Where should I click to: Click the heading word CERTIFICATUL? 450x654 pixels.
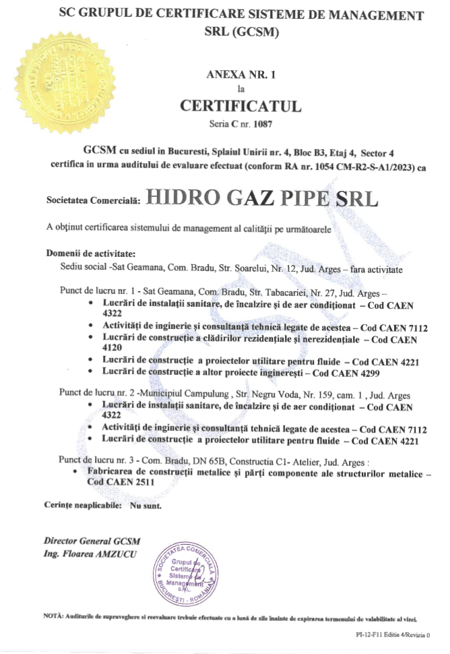pos(240,107)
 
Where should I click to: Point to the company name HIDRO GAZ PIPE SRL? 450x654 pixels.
pos(261,198)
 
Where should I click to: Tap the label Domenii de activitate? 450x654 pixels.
pos(90,254)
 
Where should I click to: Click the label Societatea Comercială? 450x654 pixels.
pos(93,201)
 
